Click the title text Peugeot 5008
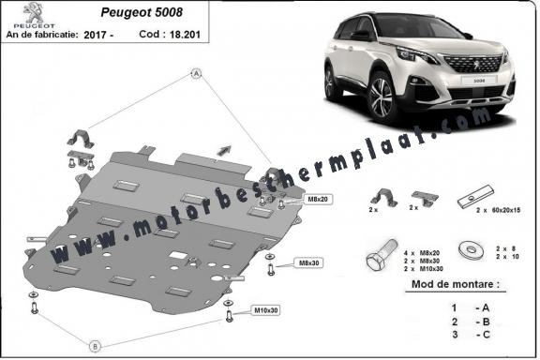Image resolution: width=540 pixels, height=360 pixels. pyautogui.click(x=142, y=12)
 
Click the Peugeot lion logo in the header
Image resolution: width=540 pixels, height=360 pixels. pyautogui.click(x=34, y=12)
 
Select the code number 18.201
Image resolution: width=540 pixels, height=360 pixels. pyautogui.click(x=185, y=35)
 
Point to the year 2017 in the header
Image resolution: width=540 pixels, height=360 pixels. pyautogui.click(x=95, y=35)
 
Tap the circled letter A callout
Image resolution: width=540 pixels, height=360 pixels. pyautogui.click(x=196, y=73)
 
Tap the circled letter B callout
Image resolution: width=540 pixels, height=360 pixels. pyautogui.click(x=96, y=346)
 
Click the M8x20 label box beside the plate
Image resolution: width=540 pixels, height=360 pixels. pyautogui.click(x=318, y=199)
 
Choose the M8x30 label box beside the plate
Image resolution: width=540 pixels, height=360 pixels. pyautogui.click(x=309, y=262)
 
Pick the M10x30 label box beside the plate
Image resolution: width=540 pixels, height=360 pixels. pyautogui.click(x=266, y=310)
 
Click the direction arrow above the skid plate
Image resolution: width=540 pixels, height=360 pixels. pyautogui.click(x=224, y=150)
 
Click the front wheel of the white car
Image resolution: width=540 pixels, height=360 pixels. pyautogui.click(x=382, y=97)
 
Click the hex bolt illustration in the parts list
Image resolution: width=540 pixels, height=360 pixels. pyautogui.click(x=382, y=256)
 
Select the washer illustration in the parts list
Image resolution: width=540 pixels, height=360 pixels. pyautogui.click(x=472, y=249)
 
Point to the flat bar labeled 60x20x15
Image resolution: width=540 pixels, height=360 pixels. pyautogui.click(x=475, y=197)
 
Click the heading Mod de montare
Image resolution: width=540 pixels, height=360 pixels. pyautogui.click(x=456, y=284)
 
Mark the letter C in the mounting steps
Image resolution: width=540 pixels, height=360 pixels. pyautogui.click(x=487, y=335)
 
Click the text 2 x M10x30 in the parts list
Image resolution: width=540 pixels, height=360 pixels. pyautogui.click(x=424, y=269)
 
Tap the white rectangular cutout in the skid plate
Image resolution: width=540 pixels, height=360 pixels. pyautogui.click(x=178, y=256)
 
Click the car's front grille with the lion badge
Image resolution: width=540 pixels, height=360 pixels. pyautogui.click(x=472, y=64)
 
